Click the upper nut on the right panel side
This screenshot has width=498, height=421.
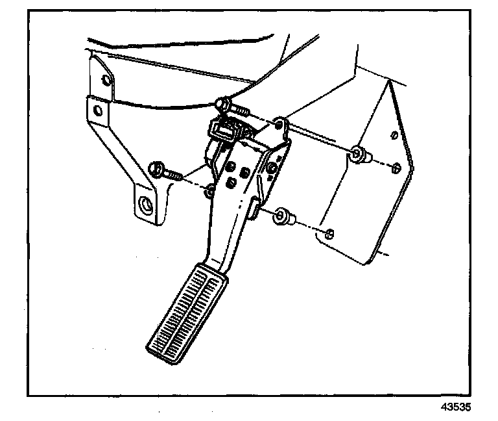point(357,155)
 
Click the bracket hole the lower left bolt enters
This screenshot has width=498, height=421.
point(209,190)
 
